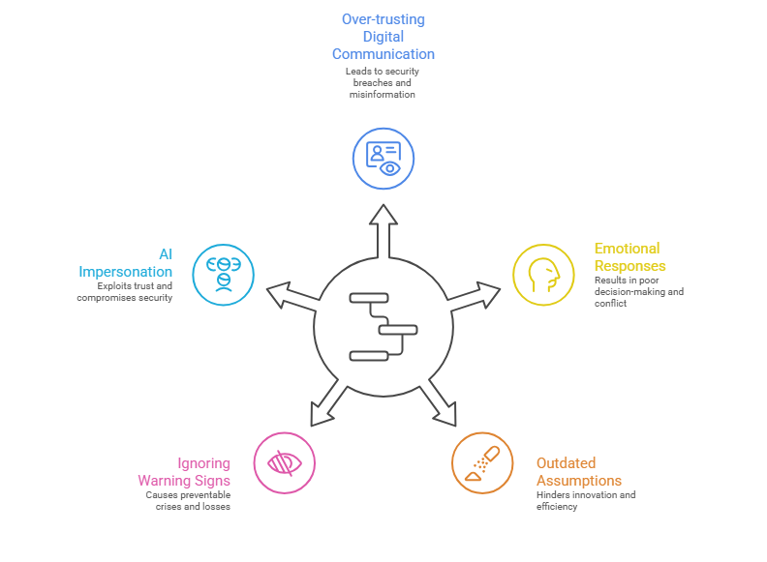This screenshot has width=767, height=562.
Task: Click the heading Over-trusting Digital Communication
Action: (383, 37)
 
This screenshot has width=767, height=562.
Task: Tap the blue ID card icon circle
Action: (383, 158)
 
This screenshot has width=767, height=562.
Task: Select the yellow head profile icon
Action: (543, 275)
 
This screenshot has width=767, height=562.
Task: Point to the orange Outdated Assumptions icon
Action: (482, 462)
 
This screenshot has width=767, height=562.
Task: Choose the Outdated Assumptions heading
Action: (579, 472)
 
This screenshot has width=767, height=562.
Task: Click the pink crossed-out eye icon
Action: (284, 462)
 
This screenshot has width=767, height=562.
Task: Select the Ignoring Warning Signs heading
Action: (184, 472)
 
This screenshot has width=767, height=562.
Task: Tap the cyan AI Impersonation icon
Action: (223, 275)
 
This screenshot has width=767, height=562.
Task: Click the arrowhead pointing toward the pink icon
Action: (322, 413)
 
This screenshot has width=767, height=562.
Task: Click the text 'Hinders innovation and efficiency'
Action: (586, 500)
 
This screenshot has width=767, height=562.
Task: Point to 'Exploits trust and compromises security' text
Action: (125, 291)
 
